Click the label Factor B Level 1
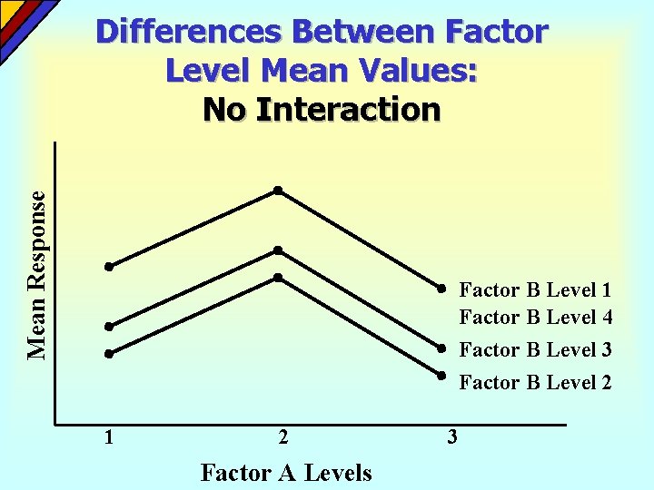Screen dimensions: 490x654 coord(535,290)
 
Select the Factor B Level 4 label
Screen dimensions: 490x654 coord(535,318)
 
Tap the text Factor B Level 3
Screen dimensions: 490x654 coord(535,349)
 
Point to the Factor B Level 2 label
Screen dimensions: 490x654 coord(535,383)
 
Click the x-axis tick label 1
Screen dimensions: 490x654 coord(109,437)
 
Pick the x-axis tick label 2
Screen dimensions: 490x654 coord(283,437)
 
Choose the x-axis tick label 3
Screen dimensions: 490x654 coord(452,437)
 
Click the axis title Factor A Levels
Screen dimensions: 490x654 coord(285,473)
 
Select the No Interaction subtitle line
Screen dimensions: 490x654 coord(322,109)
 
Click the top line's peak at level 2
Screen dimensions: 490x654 coord(279,191)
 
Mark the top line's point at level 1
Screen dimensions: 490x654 coord(107,267)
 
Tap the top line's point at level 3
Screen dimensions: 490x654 coord(439,289)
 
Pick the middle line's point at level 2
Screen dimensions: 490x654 coord(279,250)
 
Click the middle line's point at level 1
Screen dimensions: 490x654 coord(107,327)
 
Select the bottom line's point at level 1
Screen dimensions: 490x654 coord(107,354)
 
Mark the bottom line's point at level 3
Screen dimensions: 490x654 coord(439,375)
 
